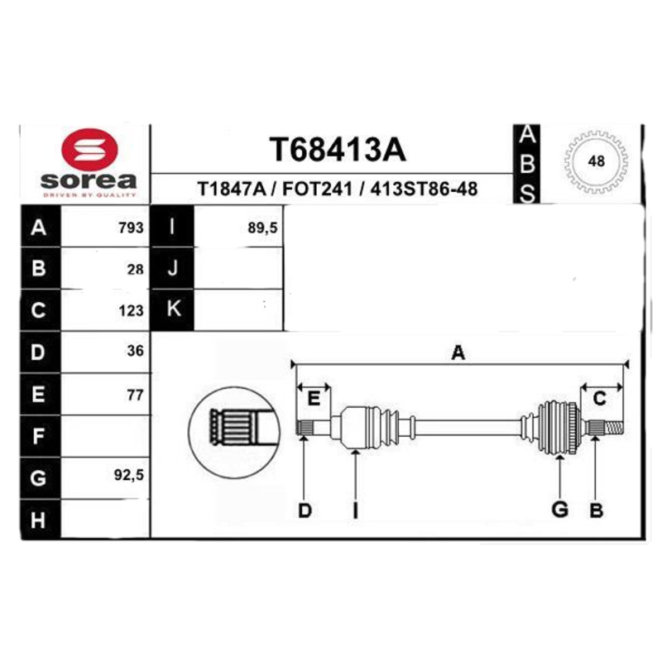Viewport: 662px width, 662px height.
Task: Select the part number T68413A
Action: [338, 150]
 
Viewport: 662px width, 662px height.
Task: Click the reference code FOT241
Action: [317, 189]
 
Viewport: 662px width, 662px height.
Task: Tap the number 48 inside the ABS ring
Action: [596, 161]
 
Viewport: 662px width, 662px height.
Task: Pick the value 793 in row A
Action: [132, 228]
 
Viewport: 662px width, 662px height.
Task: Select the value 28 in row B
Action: [136, 270]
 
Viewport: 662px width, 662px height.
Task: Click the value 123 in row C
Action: [132, 311]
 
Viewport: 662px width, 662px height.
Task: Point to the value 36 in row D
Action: [136, 350]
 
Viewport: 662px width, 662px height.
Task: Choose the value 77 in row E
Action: [136, 395]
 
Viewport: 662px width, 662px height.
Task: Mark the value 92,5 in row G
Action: [129, 475]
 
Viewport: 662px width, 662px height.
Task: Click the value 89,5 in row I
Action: [262, 228]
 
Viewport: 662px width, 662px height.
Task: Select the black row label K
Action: [172, 309]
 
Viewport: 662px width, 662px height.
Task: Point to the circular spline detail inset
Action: [234, 432]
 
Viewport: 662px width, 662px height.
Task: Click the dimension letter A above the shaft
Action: [458, 353]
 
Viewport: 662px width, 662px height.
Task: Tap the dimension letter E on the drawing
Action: [314, 399]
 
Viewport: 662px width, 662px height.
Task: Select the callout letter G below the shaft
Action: [560, 510]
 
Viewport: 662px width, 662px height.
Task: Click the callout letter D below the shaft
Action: [305, 511]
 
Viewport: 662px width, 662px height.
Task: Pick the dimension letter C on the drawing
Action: [599, 399]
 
